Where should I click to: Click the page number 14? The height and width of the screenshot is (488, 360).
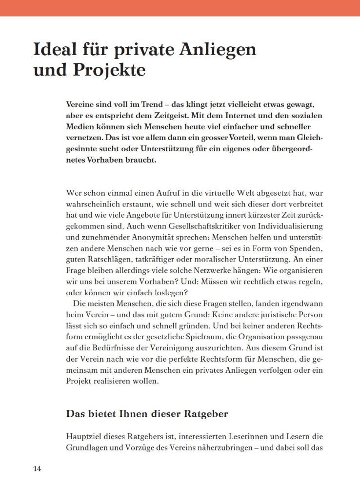point(38,469)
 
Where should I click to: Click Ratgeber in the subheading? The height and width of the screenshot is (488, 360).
point(201,414)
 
